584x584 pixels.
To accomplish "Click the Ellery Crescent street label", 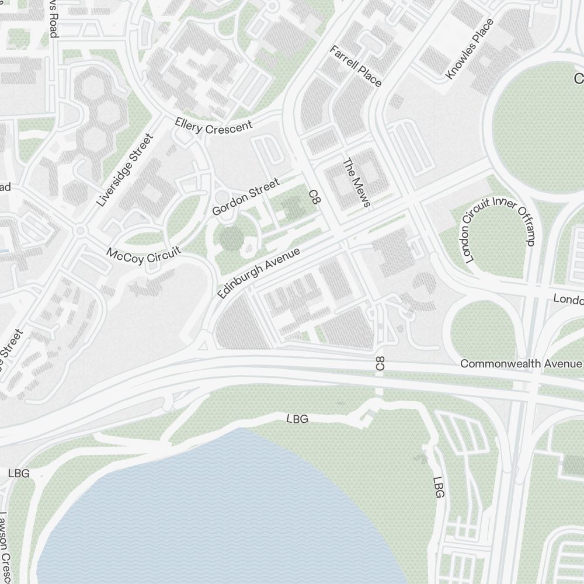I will (214, 126).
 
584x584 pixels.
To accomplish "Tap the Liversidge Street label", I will (125, 170).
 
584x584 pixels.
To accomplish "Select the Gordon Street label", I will (246, 197).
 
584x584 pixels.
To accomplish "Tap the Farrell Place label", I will (355, 65).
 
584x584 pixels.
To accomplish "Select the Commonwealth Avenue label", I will (521, 363).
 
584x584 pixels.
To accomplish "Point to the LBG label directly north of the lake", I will (297, 419).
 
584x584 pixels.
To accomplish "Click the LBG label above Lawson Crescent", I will (19, 473).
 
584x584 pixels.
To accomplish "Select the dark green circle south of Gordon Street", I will (232, 238).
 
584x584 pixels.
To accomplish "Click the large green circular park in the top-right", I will (540, 126).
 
